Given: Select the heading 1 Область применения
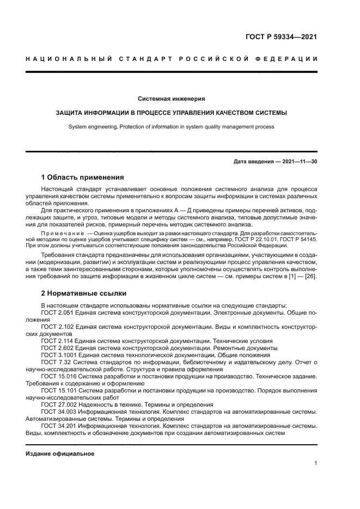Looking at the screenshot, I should coord(82,177).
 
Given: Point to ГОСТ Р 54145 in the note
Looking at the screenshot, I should coord(299,238).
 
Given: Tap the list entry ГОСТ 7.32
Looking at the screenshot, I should coord(54,361).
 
